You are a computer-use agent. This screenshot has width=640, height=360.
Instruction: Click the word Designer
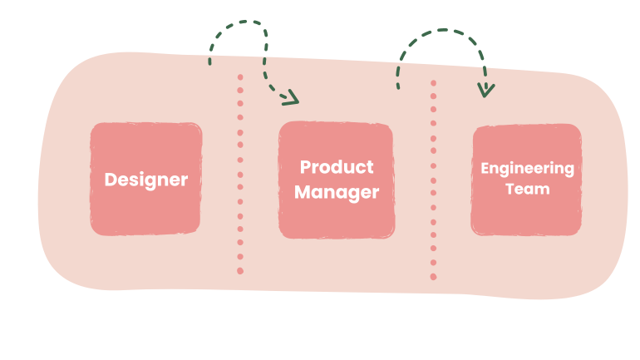[x=146, y=179]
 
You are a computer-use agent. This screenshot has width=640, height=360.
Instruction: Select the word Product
[x=337, y=167]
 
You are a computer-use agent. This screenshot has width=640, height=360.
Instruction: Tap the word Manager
[x=337, y=193]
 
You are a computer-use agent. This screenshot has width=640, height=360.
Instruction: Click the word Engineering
[x=527, y=168]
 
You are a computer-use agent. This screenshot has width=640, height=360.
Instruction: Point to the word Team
[x=527, y=189]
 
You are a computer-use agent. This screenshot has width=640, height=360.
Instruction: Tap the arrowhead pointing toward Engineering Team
[x=487, y=89]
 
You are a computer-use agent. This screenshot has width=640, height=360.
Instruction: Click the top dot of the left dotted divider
[x=240, y=77]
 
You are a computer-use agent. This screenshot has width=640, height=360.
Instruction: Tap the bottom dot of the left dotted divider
[x=240, y=271]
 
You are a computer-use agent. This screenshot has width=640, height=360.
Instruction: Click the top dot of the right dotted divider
[x=433, y=82]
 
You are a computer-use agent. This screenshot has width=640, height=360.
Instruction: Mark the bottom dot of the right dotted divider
[x=433, y=276]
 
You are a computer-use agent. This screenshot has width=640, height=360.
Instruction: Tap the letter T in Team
[x=510, y=189]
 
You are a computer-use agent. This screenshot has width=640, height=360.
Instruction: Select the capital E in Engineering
[x=485, y=168]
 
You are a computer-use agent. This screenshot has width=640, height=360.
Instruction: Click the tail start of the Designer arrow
[x=210, y=62]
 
